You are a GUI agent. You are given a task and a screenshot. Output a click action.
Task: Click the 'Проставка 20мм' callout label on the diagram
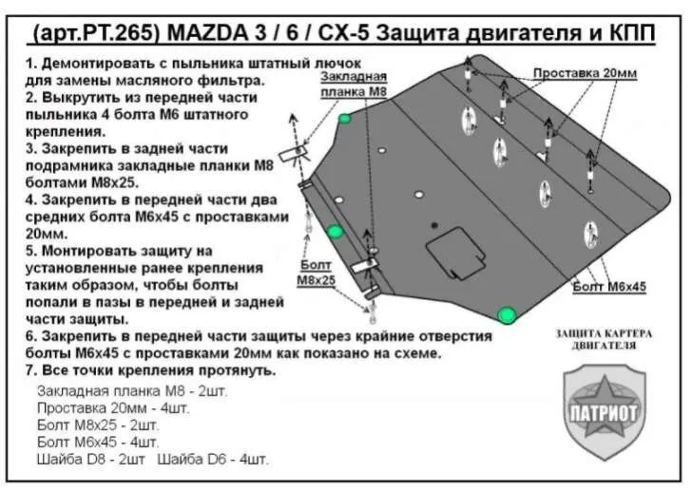[585, 73]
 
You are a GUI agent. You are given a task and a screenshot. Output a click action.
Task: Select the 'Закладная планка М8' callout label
[354, 84]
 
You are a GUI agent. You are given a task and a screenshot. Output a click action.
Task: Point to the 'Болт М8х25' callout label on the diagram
[316, 273]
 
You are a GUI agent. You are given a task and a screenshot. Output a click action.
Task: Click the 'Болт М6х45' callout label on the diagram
[609, 287]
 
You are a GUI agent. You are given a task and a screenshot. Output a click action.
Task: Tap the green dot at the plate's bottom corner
[507, 315]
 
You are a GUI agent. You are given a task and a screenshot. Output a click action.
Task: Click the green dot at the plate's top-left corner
[345, 118]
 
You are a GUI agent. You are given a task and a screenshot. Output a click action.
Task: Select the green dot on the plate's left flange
[335, 232]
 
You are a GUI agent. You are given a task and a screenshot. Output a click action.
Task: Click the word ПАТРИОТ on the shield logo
[604, 413]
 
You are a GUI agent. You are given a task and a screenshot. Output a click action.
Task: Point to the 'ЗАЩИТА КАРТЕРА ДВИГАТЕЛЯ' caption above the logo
[605, 339]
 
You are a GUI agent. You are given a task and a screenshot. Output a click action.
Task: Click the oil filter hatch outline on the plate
[456, 254]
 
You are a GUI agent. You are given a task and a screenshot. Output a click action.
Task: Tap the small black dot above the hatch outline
[434, 225]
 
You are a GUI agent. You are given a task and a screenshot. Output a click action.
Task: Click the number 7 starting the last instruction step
[29, 370]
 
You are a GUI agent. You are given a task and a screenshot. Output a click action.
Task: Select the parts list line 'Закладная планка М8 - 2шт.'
[132, 391]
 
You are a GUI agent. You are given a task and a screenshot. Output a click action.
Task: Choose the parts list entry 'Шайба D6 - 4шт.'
[212, 460]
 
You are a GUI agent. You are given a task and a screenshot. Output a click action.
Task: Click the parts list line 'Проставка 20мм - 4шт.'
[113, 408]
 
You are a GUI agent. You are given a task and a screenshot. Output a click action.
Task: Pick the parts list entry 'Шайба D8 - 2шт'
[91, 460]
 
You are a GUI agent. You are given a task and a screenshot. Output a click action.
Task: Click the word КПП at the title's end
[629, 34]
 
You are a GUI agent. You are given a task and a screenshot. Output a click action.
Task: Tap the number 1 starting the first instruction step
[29, 64]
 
